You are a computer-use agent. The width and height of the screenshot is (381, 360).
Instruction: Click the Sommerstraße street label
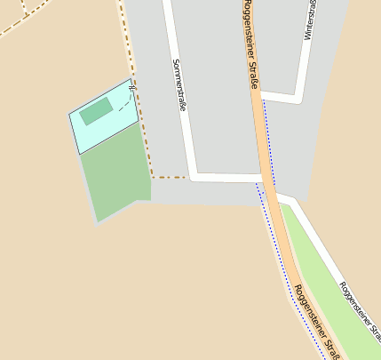coord(179,85)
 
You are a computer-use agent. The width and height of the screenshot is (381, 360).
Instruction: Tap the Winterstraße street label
coord(311,20)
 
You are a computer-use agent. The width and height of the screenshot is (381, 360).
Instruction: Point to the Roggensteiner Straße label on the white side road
coord(360,306)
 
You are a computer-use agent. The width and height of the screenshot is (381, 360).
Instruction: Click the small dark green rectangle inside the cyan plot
coord(96,111)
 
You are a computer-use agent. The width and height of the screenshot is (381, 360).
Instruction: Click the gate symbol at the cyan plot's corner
coord(131,86)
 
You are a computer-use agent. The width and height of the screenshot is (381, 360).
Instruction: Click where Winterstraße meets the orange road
coord(264,96)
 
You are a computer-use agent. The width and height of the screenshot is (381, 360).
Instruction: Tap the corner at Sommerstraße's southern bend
coord(193,176)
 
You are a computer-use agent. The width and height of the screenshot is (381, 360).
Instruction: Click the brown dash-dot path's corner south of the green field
coord(152,177)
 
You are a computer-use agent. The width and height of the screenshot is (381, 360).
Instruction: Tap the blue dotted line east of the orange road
coord(269,142)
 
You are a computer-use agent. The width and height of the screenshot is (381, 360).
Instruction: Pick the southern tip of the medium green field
coord(97,220)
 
